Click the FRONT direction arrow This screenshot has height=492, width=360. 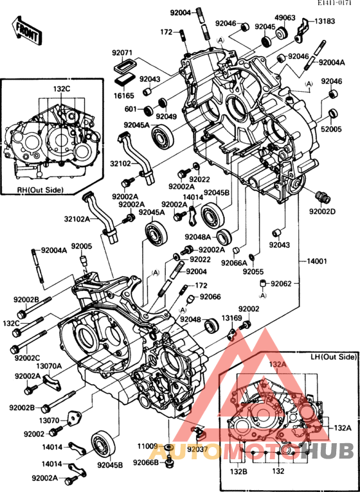(x=26, y=30)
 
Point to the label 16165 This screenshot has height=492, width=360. (x=125, y=94)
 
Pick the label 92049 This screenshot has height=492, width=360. (x=166, y=116)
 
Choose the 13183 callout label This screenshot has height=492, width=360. (x=324, y=21)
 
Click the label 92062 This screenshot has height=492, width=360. (x=281, y=283)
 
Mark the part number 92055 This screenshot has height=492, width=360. (x=253, y=272)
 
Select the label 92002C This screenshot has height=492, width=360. (x=25, y=358)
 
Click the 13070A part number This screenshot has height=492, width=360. (x=48, y=366)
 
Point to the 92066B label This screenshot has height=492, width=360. (x=146, y=462)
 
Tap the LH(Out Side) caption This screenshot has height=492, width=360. (x=333, y=356)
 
